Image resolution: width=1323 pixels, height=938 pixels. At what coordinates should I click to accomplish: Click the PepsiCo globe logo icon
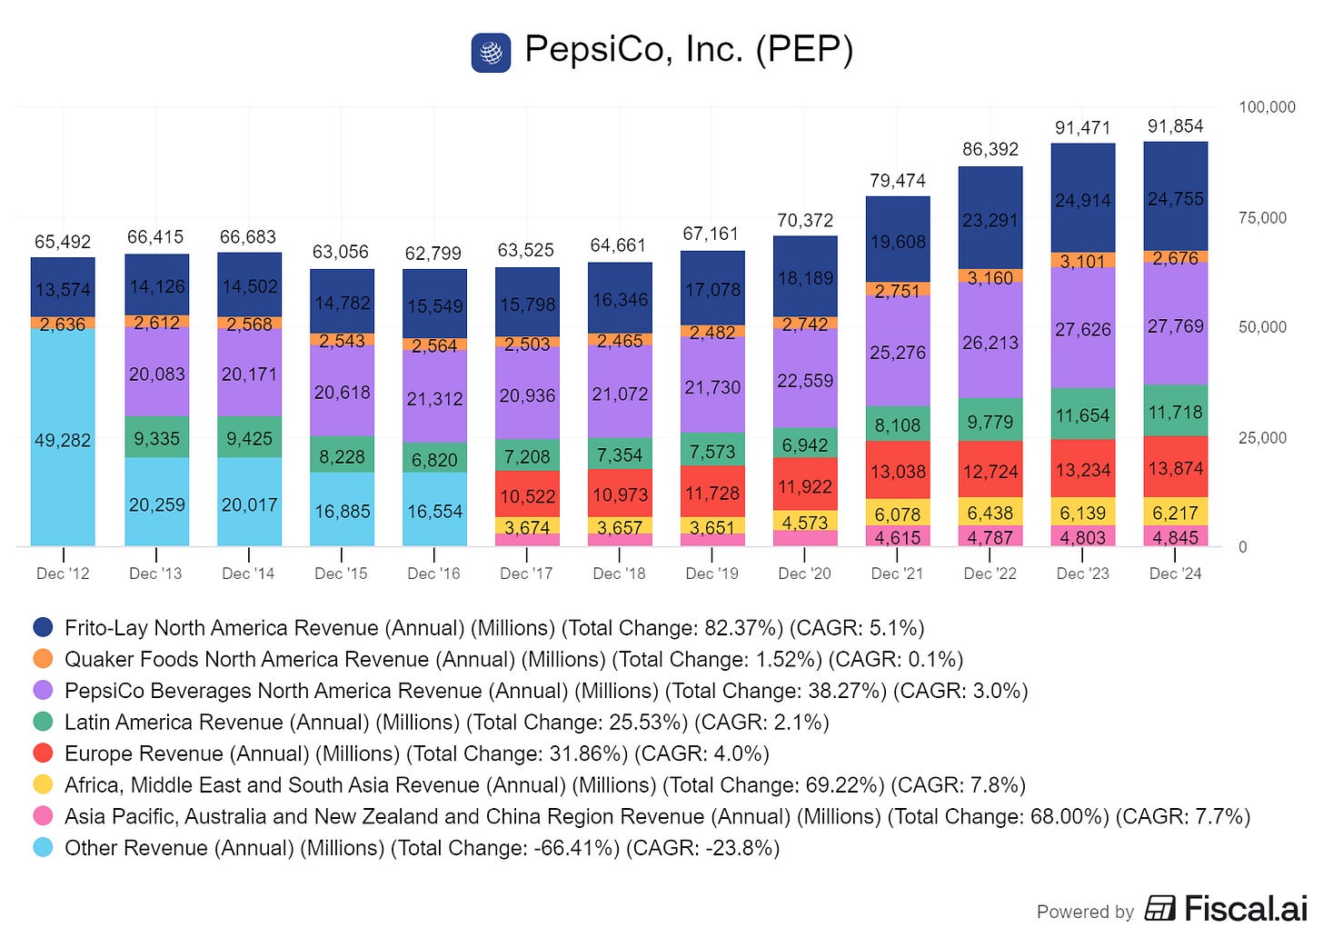(x=491, y=53)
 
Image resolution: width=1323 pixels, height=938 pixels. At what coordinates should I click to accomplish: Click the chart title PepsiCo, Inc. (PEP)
(x=689, y=50)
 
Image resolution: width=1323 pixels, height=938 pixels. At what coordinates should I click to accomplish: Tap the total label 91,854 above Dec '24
(x=1176, y=125)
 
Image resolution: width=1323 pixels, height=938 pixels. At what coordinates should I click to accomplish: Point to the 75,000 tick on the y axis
(x=1262, y=217)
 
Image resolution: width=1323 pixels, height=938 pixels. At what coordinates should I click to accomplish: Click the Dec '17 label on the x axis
(x=526, y=573)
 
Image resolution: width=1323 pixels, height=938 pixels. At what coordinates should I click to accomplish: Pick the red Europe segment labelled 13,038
(x=898, y=470)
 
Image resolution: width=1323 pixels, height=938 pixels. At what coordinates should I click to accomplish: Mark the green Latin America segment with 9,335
(x=156, y=437)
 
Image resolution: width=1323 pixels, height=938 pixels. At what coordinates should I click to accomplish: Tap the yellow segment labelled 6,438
(x=990, y=512)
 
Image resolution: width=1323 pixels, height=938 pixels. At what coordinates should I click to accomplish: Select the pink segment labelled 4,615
(x=898, y=536)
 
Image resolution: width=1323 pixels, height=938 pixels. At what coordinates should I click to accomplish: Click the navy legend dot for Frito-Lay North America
(x=43, y=627)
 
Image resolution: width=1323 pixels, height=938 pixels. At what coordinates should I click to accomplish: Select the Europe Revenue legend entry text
(x=417, y=753)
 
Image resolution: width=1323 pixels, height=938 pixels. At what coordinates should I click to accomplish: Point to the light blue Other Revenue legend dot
(x=43, y=847)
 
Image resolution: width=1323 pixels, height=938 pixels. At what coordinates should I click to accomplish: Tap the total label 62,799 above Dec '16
(x=433, y=254)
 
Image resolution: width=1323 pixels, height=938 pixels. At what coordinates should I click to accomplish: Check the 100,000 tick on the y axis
(x=1267, y=107)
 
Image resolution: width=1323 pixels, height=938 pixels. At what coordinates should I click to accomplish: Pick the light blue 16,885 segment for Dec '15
(x=342, y=509)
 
